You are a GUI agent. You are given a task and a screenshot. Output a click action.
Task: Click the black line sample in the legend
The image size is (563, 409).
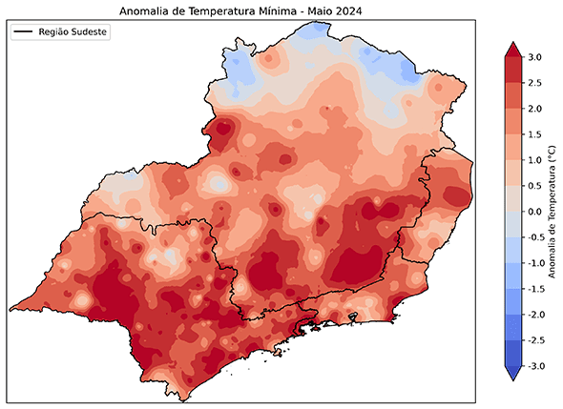(x=24, y=32)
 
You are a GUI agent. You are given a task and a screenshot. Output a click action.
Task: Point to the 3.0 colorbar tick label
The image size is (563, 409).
(x=534, y=57)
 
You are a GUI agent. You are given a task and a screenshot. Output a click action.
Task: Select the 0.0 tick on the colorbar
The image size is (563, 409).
(x=534, y=211)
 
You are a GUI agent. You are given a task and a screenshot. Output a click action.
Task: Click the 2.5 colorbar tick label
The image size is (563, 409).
(x=534, y=83)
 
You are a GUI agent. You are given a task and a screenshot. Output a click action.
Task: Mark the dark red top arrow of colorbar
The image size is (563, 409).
(x=511, y=50)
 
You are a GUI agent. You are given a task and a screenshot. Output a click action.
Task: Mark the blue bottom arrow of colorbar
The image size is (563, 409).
(x=511, y=373)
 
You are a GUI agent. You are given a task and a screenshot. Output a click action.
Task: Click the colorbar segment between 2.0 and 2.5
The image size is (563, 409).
(x=511, y=95)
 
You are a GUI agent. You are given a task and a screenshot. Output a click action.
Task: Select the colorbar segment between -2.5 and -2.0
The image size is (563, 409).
(x=511, y=327)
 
